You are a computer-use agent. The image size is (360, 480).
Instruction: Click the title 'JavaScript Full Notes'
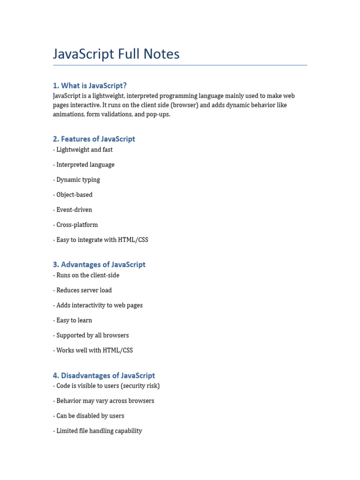tap(116, 54)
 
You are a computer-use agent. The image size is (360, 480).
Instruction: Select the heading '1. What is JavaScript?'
tap(90, 85)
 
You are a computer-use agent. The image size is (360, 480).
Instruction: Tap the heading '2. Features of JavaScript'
tap(94, 139)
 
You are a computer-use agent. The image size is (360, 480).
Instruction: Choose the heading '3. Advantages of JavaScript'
tap(99, 264)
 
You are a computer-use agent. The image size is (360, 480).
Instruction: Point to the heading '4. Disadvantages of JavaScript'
tap(104, 375)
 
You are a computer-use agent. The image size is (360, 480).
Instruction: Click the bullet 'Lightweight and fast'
tap(84, 150)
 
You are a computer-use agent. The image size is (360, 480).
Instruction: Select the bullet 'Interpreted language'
tap(85, 165)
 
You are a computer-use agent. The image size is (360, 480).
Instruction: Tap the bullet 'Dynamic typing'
tap(78, 180)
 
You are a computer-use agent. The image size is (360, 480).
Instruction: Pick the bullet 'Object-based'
tap(75, 195)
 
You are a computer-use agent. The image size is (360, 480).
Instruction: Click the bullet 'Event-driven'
tap(74, 210)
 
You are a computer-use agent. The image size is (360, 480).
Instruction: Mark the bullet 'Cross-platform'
tap(77, 225)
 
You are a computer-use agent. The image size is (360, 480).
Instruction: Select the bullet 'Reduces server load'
tap(84, 290)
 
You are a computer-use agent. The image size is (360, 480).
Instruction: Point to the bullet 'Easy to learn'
tap(74, 320)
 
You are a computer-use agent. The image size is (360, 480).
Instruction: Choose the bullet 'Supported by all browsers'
tap(92, 335)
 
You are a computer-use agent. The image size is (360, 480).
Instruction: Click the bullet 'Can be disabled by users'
tap(90, 416)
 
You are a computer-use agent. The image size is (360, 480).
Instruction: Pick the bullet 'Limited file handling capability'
tap(99, 431)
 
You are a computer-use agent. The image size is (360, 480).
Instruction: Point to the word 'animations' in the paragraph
tap(68, 114)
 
